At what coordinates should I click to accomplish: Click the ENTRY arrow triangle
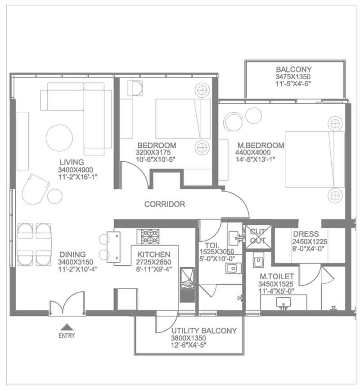coord(67,327)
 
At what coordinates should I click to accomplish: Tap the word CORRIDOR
coord(165,204)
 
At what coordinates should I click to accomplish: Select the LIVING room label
coord(72,162)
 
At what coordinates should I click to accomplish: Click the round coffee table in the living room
coord(59,138)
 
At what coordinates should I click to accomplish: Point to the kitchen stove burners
coord(148,236)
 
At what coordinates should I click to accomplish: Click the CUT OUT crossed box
coord(258,236)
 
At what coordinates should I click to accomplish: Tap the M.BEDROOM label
coord(261,145)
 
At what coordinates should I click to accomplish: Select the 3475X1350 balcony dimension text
coord(293,77)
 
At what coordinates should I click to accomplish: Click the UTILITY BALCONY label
coord(204,331)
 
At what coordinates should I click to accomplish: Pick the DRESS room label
coord(306,234)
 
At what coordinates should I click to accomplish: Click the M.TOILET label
coord(277,276)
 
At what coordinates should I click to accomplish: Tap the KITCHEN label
coord(154,255)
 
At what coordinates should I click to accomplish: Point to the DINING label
coord(72,255)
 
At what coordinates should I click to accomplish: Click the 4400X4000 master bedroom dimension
coord(253,152)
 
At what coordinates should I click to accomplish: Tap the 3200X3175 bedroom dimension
coord(153,152)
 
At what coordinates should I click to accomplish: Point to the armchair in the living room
coord(35,189)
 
